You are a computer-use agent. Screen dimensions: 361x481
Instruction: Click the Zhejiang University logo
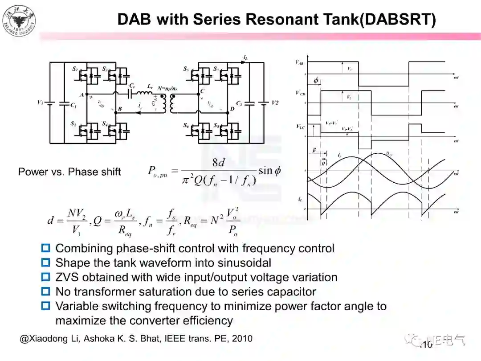tap(19, 21)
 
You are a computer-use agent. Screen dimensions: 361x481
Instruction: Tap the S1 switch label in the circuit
tap(74, 70)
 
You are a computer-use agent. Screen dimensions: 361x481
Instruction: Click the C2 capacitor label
tap(239, 103)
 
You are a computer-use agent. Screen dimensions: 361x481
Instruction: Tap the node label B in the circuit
tap(119, 109)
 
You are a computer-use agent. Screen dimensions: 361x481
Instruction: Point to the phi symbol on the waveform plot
tap(316, 81)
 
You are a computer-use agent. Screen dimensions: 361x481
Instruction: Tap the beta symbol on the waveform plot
tap(314, 151)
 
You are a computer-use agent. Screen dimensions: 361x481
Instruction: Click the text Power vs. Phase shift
tap(69, 172)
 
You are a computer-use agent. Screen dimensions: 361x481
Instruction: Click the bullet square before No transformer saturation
tap(45, 291)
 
